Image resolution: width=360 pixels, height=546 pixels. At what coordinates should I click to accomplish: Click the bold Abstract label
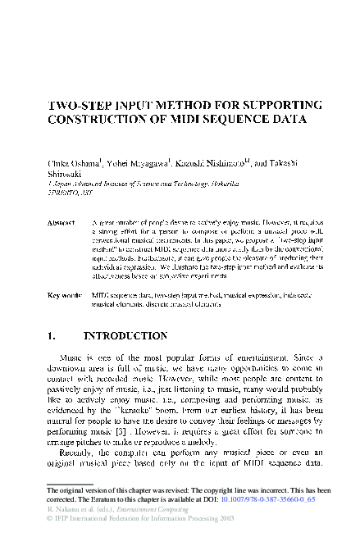click(x=62, y=223)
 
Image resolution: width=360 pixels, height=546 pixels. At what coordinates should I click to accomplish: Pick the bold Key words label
click(x=65, y=293)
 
